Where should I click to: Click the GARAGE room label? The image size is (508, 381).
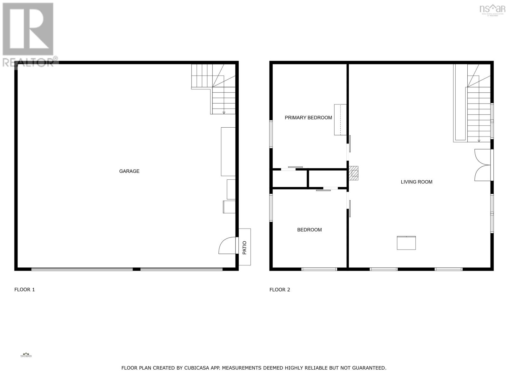[129, 171]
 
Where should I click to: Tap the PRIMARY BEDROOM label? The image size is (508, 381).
[308, 117]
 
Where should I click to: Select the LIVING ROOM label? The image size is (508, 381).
[416, 182]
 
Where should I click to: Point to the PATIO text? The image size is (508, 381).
[244, 248]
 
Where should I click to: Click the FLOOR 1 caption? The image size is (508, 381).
[24, 290]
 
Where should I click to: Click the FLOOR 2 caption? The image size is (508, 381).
[280, 290]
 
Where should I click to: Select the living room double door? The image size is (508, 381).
[482, 165]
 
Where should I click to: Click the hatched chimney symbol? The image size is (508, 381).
[354, 173]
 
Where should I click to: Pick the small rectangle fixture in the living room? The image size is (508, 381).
[406, 243]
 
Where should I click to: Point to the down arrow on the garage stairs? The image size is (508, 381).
[224, 112]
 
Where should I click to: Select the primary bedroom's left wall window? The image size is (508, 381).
[271, 134]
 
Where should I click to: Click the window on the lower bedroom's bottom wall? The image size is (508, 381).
[319, 269]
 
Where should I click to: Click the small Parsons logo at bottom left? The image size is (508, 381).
[26, 355]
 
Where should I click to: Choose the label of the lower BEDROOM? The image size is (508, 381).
[309, 230]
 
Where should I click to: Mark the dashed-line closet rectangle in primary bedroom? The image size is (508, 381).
[340, 120]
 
